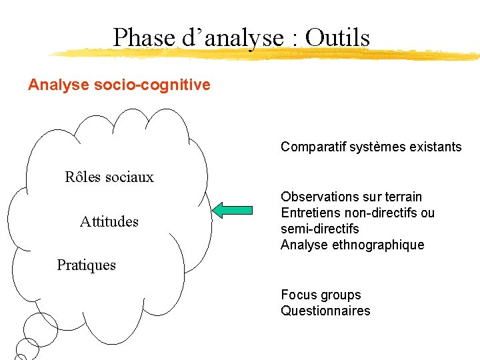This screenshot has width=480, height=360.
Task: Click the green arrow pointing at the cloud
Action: click(233, 211)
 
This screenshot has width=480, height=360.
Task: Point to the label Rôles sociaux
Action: click(109, 177)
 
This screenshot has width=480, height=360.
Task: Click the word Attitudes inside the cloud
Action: click(109, 221)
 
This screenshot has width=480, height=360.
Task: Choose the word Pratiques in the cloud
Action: click(86, 265)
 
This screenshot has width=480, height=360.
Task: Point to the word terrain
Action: click(400, 197)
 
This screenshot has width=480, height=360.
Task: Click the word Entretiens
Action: click(309, 213)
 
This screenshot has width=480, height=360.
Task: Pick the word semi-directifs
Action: click(320, 229)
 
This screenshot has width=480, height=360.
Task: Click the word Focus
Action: click(297, 295)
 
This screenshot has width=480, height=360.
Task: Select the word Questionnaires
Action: click(325, 311)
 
